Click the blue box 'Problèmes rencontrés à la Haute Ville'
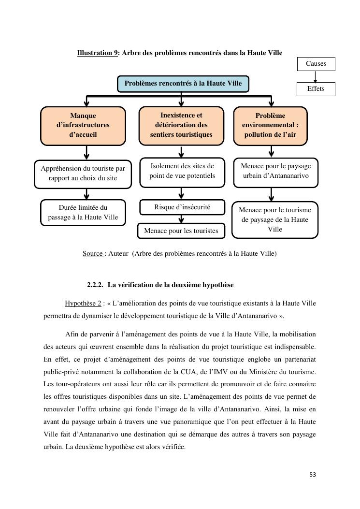(x=183, y=84)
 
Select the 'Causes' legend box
(x=316, y=64)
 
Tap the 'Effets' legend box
(x=316, y=89)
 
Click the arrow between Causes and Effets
(x=316, y=77)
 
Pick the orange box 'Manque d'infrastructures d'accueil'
(x=83, y=125)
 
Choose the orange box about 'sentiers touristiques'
(x=181, y=125)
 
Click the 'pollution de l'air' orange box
(x=270, y=125)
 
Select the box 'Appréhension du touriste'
(x=83, y=174)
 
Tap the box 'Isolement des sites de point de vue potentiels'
(x=182, y=171)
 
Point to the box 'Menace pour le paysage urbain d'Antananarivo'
(x=275, y=171)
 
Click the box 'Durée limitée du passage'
(x=83, y=212)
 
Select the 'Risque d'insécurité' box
(x=182, y=207)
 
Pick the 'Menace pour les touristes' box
(x=181, y=231)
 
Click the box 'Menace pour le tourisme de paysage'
(x=275, y=219)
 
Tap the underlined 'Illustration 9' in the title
(x=97, y=53)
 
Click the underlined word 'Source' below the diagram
(x=93, y=253)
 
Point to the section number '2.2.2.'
(x=95, y=285)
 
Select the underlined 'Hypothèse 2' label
(x=83, y=304)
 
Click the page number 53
(x=313, y=475)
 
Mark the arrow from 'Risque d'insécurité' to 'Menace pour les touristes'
(x=181, y=219)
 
